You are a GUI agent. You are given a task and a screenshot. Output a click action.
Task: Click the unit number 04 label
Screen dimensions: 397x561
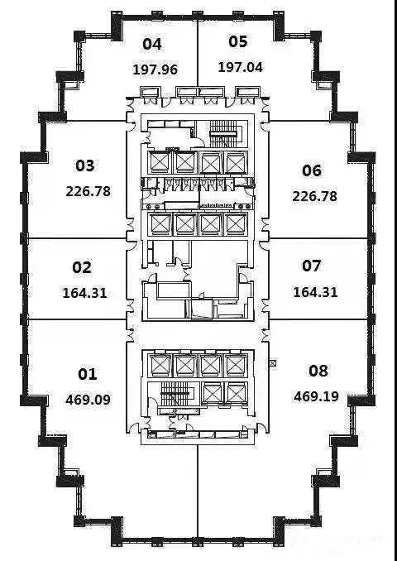[x=152, y=44]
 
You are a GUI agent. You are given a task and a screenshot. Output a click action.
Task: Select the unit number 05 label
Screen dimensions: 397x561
[x=238, y=41]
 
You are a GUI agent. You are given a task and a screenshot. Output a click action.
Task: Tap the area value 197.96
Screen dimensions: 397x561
[x=155, y=70]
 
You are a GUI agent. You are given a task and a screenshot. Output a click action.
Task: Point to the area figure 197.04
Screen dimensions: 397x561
[x=241, y=67]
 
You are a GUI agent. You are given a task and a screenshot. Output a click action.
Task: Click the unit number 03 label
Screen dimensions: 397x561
[x=85, y=165]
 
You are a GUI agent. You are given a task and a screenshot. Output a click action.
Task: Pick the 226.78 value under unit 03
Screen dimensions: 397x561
[x=88, y=191]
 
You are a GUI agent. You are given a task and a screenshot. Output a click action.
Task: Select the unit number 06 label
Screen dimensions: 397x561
[x=312, y=170]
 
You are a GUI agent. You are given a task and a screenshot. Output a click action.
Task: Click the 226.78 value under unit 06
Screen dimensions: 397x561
[x=315, y=196]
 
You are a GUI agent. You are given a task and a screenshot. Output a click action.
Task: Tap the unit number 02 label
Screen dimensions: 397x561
[x=82, y=267]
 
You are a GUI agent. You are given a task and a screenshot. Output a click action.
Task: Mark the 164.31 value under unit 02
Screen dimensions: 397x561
[x=84, y=293]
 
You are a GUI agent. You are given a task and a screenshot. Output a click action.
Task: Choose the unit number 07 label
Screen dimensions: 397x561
[x=312, y=266]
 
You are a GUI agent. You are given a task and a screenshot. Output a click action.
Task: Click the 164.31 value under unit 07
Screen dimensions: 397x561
[x=315, y=292]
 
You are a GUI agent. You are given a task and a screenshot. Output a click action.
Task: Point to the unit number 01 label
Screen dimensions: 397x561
[x=88, y=374]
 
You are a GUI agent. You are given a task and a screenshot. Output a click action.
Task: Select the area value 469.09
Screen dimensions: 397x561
[x=88, y=400]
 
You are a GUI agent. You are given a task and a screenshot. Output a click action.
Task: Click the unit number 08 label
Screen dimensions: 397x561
[x=318, y=371]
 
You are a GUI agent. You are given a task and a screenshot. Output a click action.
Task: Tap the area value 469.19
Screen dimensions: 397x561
[x=316, y=396]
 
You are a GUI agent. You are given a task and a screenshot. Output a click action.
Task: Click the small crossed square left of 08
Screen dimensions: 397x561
[x=273, y=363]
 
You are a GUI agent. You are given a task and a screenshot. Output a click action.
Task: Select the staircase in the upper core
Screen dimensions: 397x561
[x=223, y=134]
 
